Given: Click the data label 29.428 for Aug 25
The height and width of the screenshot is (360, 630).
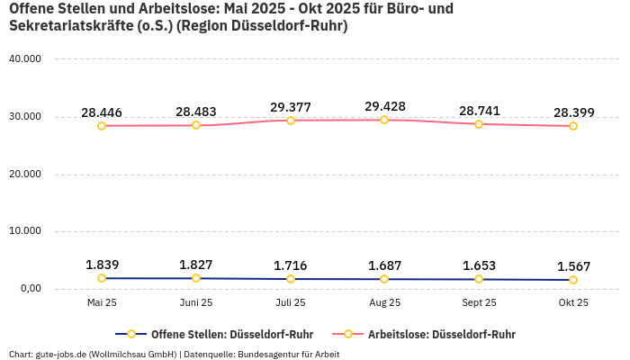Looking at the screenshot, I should (384, 106).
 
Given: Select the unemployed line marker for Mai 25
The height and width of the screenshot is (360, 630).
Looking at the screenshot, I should (102, 125).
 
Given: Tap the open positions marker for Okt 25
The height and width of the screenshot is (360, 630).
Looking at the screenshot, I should (573, 280).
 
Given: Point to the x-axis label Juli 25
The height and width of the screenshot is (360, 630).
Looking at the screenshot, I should (290, 303).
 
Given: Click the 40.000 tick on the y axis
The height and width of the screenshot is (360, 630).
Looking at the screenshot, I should (24, 59).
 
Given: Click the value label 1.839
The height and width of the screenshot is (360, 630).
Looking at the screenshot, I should (102, 265).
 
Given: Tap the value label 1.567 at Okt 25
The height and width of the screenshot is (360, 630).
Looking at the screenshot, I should (573, 266).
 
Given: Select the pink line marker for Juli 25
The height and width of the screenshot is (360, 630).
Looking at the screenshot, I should (291, 120).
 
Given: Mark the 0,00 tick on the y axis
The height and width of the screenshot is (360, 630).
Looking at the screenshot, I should (29, 289).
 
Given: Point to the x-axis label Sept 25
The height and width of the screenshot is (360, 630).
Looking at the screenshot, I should (479, 303).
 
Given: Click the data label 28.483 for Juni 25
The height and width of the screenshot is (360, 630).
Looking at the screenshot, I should (196, 112).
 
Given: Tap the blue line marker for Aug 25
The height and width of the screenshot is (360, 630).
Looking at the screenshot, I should (384, 279).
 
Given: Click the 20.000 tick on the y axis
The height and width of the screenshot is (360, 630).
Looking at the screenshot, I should (24, 174).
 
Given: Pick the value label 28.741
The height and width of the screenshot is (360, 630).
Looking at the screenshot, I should (479, 111).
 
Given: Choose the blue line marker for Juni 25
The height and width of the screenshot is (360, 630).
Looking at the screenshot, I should (196, 278).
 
